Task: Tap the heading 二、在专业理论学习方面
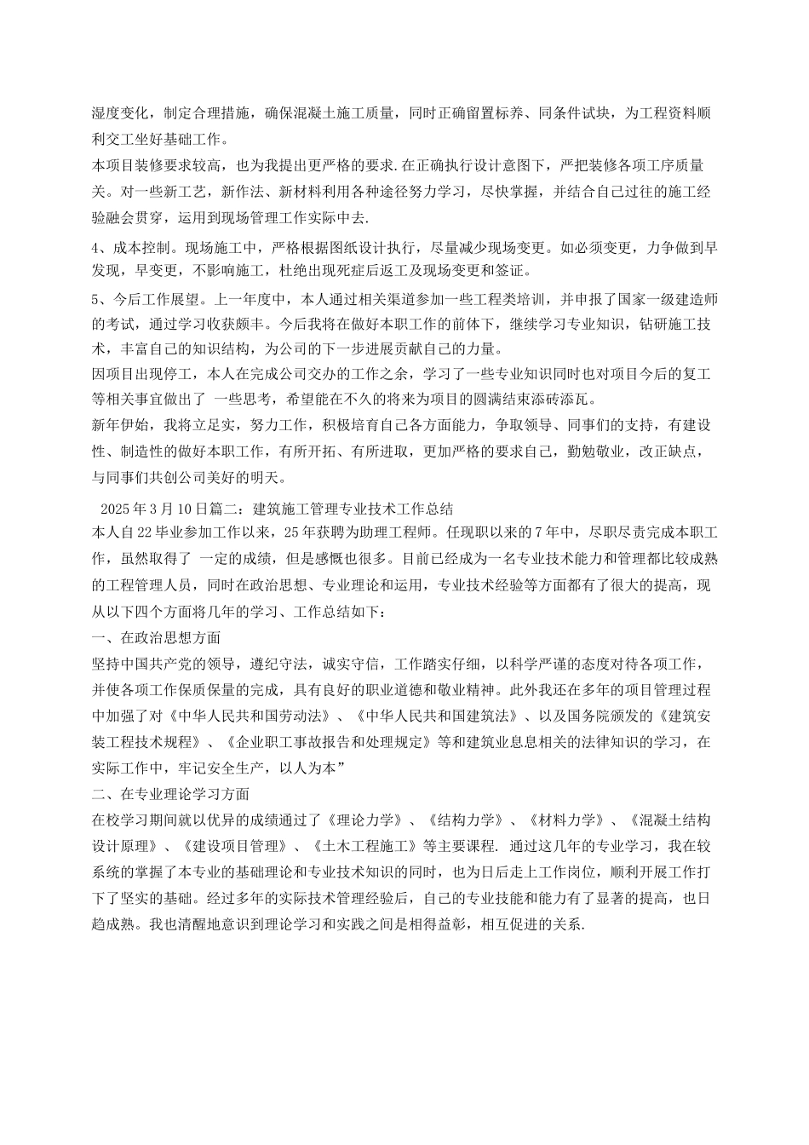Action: coord(170,794)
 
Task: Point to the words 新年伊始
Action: coord(119,424)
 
